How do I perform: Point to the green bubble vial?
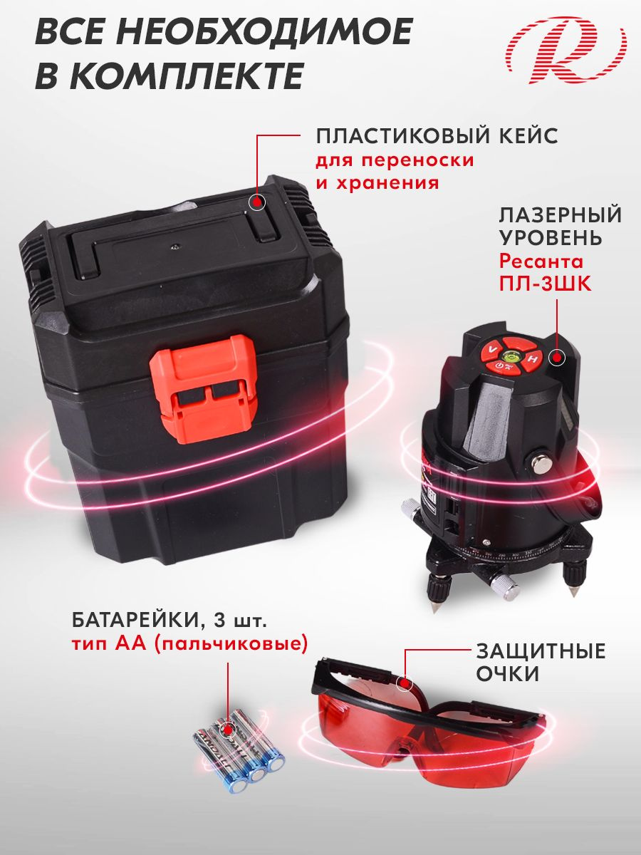[x=509, y=355]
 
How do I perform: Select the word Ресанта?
[x=541, y=261]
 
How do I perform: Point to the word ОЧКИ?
[x=507, y=674]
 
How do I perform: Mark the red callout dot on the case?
[x=256, y=202]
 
